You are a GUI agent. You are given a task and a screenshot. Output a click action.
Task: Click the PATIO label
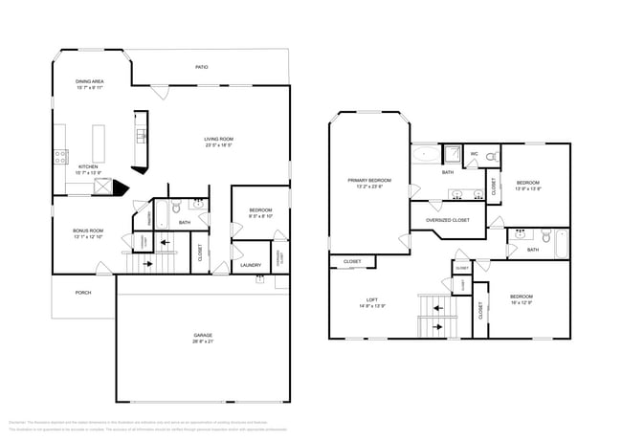point(201,67)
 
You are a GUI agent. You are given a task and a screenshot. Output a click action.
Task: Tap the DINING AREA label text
point(90,82)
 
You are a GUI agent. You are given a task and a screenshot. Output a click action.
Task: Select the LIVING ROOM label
point(219,140)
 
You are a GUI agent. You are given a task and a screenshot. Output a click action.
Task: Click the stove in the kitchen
point(59,155)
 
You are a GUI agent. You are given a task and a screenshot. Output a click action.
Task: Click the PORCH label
point(83,293)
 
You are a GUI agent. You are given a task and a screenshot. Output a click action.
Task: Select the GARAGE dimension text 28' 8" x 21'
point(203,341)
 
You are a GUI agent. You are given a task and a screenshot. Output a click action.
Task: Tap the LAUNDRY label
point(251,265)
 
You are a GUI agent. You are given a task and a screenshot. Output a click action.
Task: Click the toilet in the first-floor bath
point(176,208)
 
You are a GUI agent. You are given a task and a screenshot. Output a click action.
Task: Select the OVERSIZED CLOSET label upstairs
point(447,221)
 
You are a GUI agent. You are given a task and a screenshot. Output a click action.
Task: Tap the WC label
point(474,154)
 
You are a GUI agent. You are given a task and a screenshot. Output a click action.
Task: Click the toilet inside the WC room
point(491,157)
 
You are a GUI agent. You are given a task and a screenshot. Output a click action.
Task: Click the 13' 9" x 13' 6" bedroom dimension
point(528,188)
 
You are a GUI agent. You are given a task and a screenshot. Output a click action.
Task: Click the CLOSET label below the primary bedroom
point(351,261)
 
